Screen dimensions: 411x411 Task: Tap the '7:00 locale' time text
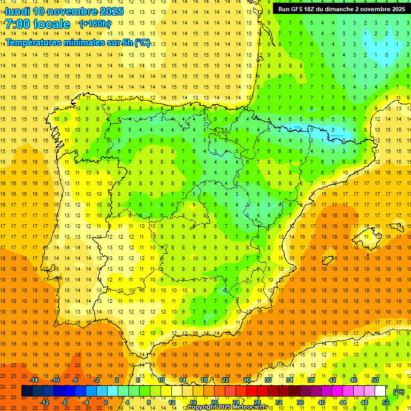37,24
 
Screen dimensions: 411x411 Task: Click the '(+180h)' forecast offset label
95,24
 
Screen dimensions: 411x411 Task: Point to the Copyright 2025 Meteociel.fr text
227,407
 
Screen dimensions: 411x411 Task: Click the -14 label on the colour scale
34,380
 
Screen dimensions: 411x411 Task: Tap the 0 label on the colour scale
106,402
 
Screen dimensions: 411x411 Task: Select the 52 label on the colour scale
386,402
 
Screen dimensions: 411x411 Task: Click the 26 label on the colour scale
247,380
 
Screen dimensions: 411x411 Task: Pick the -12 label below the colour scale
45,402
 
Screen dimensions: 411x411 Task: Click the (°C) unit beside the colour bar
399,391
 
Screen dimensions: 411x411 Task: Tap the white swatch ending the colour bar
380,391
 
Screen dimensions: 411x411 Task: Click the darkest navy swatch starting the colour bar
27,391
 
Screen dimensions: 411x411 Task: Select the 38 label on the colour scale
311,380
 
